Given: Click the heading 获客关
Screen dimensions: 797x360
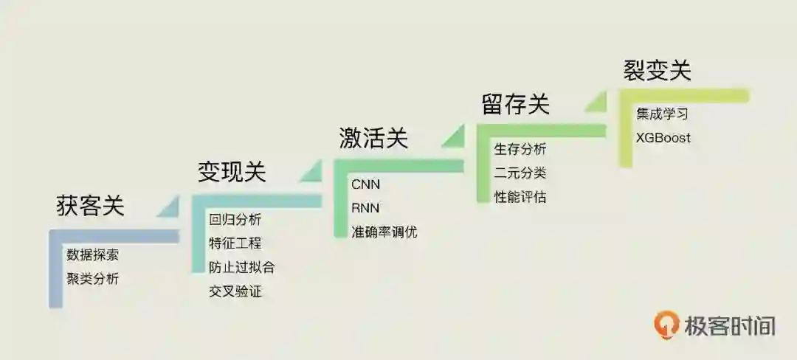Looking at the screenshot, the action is (91, 206).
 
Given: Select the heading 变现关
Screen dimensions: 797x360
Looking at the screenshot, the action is (232, 172).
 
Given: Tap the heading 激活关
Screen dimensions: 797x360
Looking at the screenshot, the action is (373, 138).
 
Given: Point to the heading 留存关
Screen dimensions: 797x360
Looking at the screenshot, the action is (516, 104).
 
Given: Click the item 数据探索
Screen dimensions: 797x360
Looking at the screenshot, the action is (92, 255).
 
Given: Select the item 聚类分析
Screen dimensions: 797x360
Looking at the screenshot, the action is (92, 279).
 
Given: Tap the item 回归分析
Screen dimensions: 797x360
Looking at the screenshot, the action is (235, 220).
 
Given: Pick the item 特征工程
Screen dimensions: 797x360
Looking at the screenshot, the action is (235, 243).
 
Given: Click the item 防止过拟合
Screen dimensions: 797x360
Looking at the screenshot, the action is (242, 267).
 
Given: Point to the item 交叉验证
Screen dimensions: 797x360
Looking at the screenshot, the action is (235, 291).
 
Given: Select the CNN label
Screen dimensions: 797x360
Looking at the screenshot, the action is (365, 184).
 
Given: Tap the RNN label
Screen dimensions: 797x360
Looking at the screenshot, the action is (365, 208).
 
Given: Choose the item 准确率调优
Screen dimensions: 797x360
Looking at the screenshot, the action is (384, 232).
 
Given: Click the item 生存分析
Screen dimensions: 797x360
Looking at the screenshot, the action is (520, 150).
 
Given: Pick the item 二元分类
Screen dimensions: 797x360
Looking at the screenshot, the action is (520, 173).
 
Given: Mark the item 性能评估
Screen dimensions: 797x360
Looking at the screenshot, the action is (520, 197).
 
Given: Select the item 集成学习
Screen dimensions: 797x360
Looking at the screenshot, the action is (662, 114).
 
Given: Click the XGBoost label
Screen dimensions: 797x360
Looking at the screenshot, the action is (663, 138).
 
